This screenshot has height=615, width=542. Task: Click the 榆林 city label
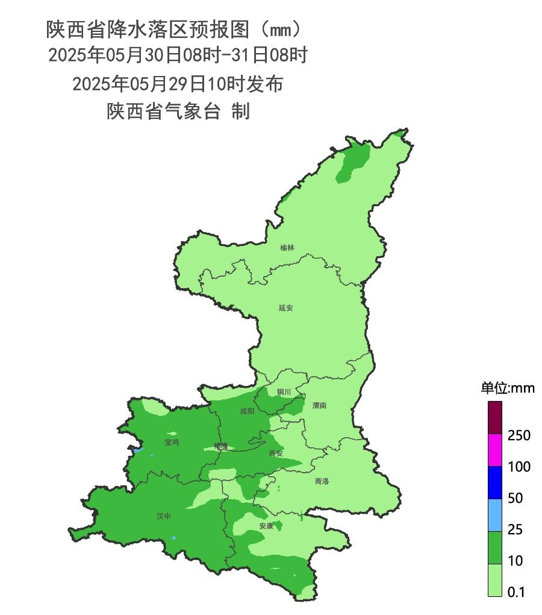click(287, 248)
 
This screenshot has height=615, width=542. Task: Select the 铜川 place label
click(284, 392)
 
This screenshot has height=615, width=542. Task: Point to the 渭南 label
click(319, 406)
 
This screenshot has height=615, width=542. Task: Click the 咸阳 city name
click(247, 411)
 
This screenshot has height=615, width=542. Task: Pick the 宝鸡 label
click(172, 443)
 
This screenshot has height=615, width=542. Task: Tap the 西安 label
click(276, 453)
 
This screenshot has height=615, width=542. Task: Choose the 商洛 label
click(322, 481)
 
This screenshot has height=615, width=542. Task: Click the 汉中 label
click(164, 517)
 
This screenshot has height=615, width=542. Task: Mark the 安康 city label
click(266, 526)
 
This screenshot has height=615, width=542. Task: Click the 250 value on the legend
click(519, 435)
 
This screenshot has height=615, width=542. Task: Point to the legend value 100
click(519, 467)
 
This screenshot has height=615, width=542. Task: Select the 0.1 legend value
click(516, 592)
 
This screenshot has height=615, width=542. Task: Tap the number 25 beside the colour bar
click(515, 529)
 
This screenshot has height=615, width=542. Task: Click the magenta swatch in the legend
click(495, 450)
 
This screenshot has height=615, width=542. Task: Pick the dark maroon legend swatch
click(495, 418)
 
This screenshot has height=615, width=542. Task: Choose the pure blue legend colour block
click(495, 482)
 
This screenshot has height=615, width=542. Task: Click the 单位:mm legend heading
click(507, 388)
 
